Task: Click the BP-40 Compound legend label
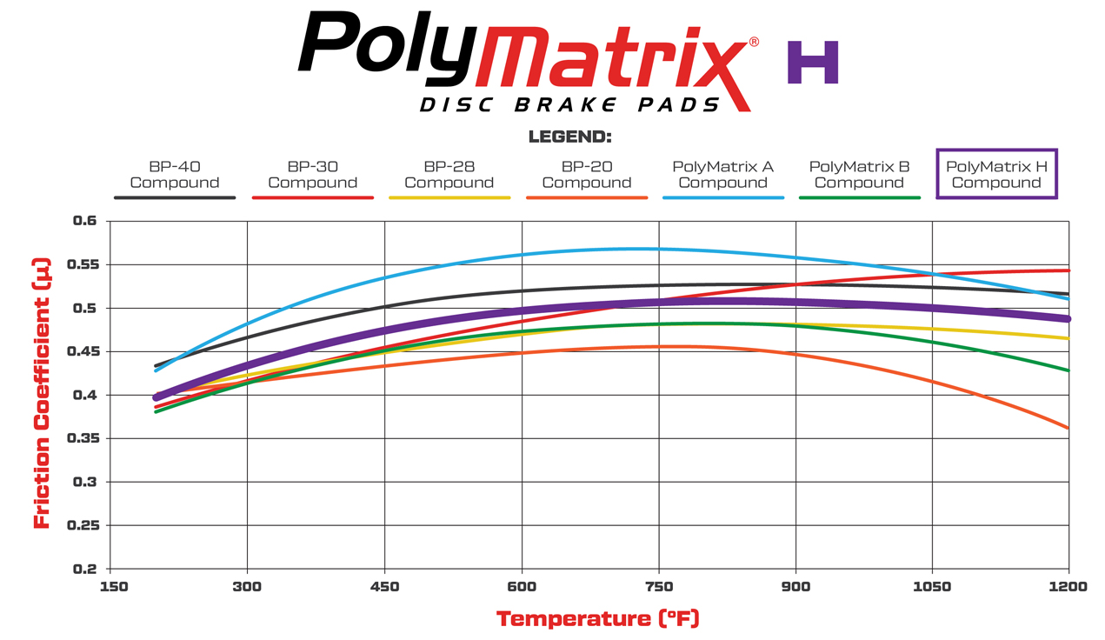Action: pyautogui.click(x=174, y=174)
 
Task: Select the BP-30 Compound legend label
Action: pyautogui.click(x=312, y=174)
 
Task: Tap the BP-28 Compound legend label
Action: pyautogui.click(x=449, y=174)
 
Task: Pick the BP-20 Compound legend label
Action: pyautogui.click(x=586, y=174)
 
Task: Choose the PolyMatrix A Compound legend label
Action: pyautogui.click(x=722, y=174)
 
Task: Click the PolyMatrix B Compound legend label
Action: pyautogui.click(x=859, y=174)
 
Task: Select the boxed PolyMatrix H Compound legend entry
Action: pyautogui.click(x=996, y=174)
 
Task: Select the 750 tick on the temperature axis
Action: pyautogui.click(x=659, y=587)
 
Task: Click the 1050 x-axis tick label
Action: pyautogui.click(x=932, y=587)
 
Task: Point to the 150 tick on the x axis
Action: pyautogui.click(x=114, y=587)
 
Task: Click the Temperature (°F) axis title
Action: pyautogui.click(x=597, y=619)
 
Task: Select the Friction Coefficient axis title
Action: pyautogui.click(x=41, y=393)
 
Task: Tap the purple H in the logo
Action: pyautogui.click(x=813, y=62)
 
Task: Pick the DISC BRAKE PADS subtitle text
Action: pyautogui.click(x=569, y=105)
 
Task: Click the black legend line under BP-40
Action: pyautogui.click(x=174, y=198)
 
